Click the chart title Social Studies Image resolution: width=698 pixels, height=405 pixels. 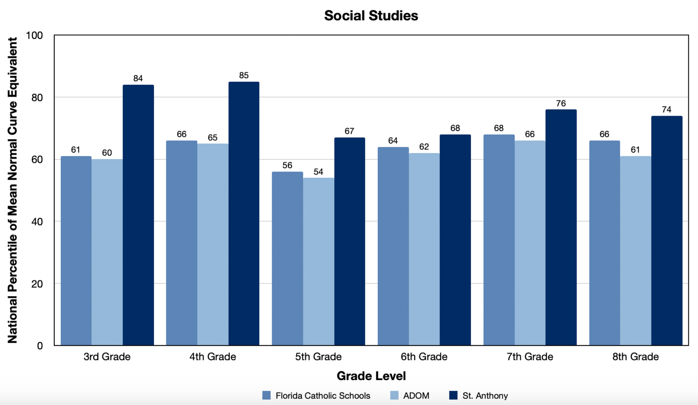click(x=371, y=16)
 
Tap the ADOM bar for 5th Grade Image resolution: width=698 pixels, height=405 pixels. click(x=318, y=262)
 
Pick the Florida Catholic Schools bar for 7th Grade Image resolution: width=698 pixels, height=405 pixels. click(x=499, y=240)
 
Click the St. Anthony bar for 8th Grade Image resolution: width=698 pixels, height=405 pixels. click(x=666, y=231)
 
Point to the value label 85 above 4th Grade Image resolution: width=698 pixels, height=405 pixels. click(x=244, y=76)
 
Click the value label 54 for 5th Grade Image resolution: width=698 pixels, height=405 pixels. click(x=318, y=172)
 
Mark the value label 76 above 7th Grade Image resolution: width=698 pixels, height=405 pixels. click(x=561, y=104)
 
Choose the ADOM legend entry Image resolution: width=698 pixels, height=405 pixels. click(x=410, y=396)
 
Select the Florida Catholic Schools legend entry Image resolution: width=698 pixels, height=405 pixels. click(x=316, y=396)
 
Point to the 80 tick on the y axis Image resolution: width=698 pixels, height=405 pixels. click(x=37, y=98)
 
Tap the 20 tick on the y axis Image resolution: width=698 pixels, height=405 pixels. click(x=37, y=284)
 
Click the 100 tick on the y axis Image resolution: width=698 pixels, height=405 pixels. click(x=35, y=36)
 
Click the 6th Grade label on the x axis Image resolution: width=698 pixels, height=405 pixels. click(x=424, y=357)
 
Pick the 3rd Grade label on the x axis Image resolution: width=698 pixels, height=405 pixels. click(x=107, y=357)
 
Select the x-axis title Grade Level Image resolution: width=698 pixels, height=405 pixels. click(x=371, y=376)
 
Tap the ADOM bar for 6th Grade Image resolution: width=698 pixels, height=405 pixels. click(x=424, y=249)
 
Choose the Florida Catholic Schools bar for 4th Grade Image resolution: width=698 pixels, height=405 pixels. click(x=181, y=243)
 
